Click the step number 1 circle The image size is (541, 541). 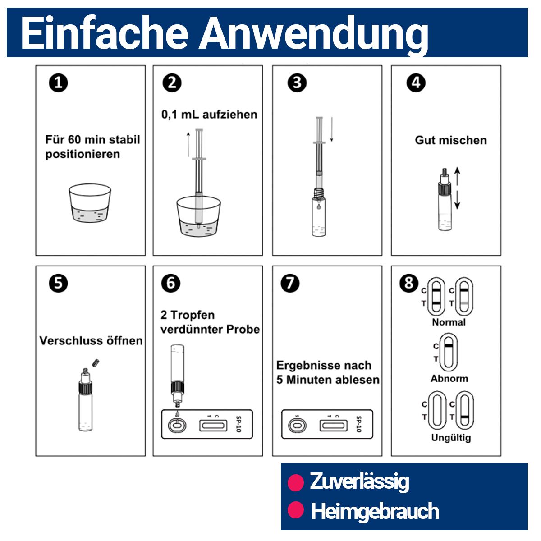(58, 83)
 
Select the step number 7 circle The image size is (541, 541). (289, 283)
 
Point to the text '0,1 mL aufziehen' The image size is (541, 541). (209, 114)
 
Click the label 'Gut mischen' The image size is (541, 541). (451, 140)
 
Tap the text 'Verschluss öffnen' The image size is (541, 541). (91, 340)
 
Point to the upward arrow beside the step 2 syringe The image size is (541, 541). (188, 144)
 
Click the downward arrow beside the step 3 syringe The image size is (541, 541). (331, 130)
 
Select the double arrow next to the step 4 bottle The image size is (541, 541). (457, 188)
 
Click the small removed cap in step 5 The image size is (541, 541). (95, 362)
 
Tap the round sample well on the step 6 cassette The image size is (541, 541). (176, 425)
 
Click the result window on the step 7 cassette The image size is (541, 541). (334, 425)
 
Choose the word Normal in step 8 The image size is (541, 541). (448, 322)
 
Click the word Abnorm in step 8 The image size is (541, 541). (449, 378)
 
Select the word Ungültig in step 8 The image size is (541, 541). (451, 437)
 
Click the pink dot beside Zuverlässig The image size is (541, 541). (296, 482)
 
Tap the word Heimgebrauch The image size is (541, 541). (375, 511)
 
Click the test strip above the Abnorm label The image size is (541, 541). (448, 352)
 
